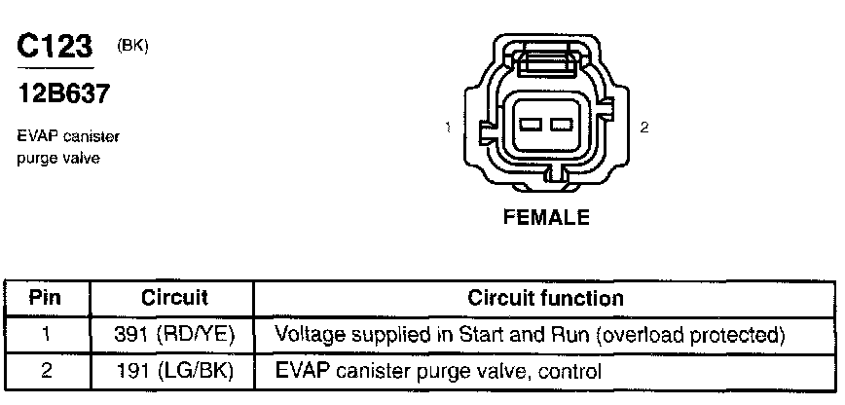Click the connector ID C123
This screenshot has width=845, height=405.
click(55, 48)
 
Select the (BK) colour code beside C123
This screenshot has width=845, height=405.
click(131, 46)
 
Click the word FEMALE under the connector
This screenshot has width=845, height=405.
click(546, 218)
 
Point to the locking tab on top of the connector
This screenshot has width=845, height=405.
click(546, 65)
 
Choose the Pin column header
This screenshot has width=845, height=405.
click(46, 297)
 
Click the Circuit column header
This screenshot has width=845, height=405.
click(175, 297)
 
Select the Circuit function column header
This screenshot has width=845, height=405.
click(545, 297)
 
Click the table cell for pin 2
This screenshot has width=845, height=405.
click(46, 370)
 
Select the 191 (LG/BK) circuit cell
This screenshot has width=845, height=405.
click(175, 370)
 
